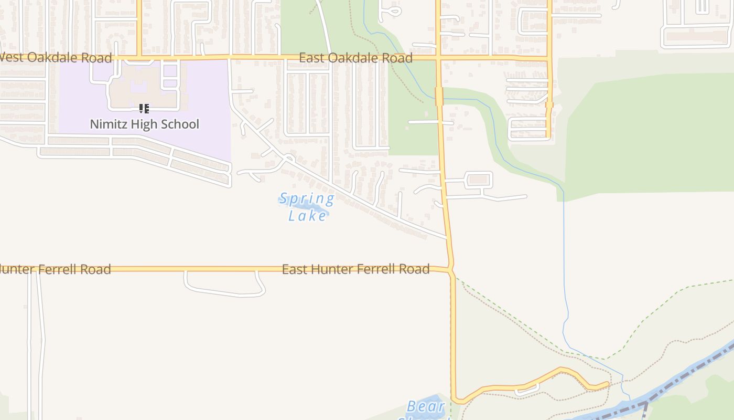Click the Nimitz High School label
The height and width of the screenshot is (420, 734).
point(144,124)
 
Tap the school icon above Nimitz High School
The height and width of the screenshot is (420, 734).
point(144,109)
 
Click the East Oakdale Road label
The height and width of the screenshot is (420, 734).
point(355,58)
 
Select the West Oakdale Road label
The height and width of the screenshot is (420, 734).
point(56,58)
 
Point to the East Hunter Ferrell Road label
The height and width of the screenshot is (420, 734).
point(355,269)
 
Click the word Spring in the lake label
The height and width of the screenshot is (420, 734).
point(306,199)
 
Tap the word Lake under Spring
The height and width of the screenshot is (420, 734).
point(308,215)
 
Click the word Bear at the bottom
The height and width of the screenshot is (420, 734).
point(426,406)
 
